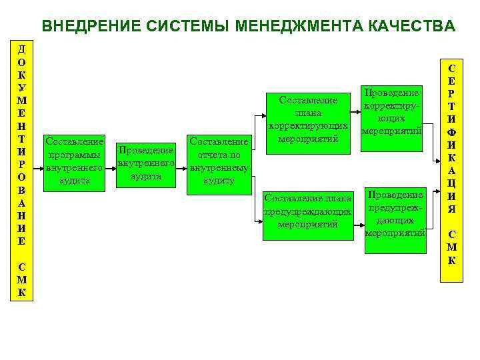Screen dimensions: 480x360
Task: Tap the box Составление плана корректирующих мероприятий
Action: point(308,120)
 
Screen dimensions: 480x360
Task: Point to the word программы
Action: point(73,155)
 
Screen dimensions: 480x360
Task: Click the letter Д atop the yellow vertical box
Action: point(22,49)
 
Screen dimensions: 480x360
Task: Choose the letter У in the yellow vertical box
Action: point(22,87)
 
